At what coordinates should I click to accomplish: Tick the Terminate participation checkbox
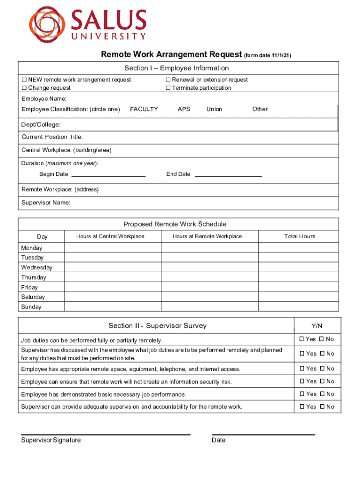(x=168, y=88)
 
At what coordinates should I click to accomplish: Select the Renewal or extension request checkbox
(x=168, y=80)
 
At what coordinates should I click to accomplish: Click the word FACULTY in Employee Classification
(x=144, y=109)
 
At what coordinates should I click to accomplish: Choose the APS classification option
(x=184, y=109)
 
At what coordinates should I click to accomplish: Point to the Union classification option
(x=214, y=109)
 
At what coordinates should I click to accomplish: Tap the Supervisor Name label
(x=46, y=203)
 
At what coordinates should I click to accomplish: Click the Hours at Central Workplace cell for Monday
(x=110, y=248)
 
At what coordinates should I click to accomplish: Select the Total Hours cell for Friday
(x=299, y=287)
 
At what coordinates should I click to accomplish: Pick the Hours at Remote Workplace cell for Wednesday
(x=207, y=268)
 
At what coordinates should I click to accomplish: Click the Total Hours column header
(x=300, y=237)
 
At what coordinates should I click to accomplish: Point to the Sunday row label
(x=31, y=307)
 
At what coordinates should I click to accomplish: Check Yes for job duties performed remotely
(x=302, y=339)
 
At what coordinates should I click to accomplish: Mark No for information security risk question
(x=322, y=382)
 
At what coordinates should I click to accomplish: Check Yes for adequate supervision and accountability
(x=302, y=407)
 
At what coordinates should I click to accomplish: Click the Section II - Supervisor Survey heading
(x=157, y=326)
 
